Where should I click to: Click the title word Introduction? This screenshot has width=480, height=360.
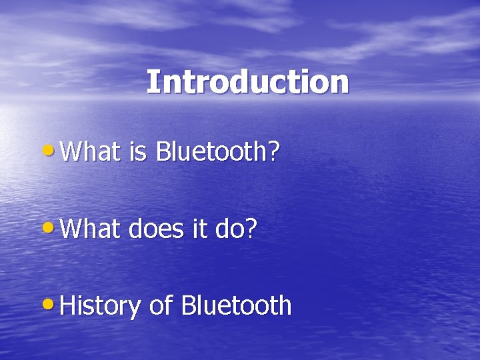[x=247, y=83]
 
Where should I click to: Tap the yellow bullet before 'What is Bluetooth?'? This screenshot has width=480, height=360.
[x=53, y=150]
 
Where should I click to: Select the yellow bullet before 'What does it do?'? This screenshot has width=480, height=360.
[x=53, y=227]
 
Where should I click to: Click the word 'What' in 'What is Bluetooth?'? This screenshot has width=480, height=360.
[x=90, y=152]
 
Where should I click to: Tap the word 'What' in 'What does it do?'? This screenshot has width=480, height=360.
[x=90, y=229]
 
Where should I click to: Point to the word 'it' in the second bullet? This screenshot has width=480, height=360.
[x=198, y=229]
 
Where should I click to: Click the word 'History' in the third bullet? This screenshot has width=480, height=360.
[x=100, y=307]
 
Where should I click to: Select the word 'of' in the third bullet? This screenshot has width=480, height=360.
[x=161, y=307]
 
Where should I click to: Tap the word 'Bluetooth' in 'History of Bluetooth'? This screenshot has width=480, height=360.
[x=237, y=307]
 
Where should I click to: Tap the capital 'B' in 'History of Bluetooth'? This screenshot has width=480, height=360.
[x=188, y=307]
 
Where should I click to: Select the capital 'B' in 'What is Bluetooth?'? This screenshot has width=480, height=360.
[x=162, y=152]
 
